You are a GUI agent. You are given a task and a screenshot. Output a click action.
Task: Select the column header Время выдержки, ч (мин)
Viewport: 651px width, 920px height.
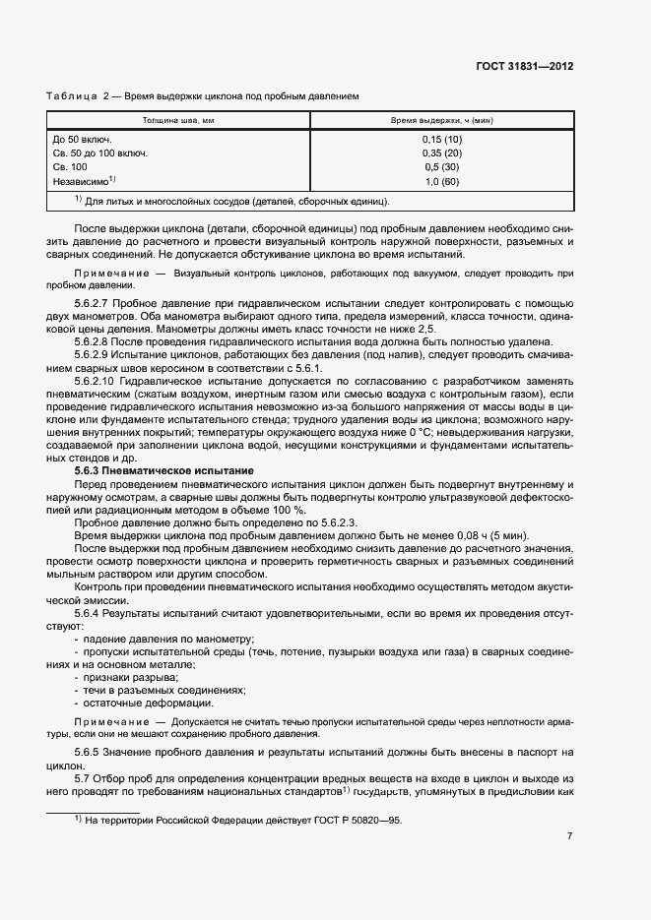441,120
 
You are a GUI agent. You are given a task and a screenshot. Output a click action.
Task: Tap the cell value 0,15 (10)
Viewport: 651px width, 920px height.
441,140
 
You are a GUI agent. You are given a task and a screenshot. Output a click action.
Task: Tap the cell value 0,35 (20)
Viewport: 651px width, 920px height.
441,153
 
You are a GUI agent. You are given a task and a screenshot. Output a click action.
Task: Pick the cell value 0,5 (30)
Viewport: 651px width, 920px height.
441,168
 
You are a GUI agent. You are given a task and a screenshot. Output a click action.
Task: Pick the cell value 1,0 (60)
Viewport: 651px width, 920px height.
441,182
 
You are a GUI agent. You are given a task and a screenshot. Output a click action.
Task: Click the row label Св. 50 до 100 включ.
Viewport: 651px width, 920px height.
99,153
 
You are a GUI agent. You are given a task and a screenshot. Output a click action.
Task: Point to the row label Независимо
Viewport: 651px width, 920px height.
83,182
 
